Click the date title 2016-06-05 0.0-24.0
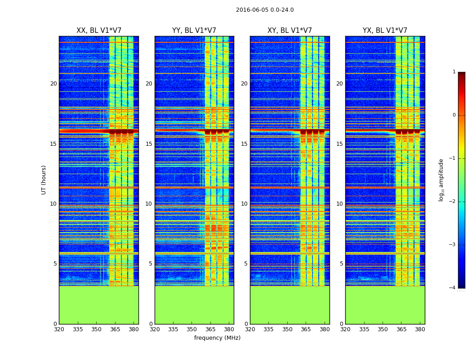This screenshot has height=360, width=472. [265, 10]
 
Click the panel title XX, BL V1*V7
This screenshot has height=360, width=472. [99, 31]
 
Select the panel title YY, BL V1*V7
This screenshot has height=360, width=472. [194, 31]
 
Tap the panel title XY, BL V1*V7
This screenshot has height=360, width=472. [289, 31]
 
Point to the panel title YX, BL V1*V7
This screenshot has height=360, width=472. [385, 31]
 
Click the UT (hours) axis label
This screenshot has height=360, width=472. [44, 180]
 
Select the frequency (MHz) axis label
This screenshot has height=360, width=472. [217, 338]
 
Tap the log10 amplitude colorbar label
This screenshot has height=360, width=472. [441, 180]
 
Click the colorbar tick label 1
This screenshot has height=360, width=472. [454, 72]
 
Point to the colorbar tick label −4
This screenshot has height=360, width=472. [453, 288]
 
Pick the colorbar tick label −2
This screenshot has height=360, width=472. [453, 202]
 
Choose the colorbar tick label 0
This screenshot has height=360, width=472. [454, 115]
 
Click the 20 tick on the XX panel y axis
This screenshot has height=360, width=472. [53, 84]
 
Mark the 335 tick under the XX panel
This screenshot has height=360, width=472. [78, 329]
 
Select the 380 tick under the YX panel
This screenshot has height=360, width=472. [420, 329]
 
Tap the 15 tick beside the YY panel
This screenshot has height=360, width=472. [149, 144]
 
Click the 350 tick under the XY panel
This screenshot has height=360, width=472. [287, 329]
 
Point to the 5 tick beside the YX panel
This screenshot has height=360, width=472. [341, 264]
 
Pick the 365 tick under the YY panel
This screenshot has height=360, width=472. [210, 329]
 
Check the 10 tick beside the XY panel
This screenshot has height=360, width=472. [244, 204]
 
